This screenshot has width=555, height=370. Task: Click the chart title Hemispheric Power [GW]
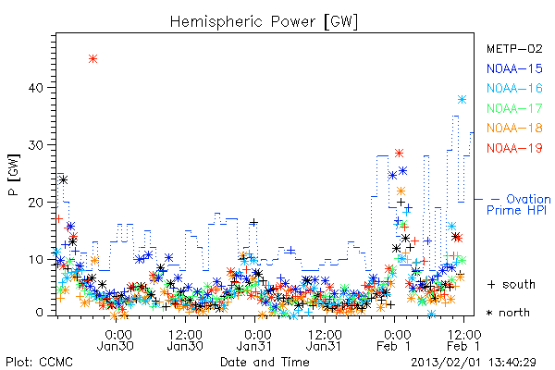pyautogui.click(x=264, y=22)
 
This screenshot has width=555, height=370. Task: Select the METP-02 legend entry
pyautogui.click(x=514, y=48)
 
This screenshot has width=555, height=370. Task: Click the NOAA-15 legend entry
pyautogui.click(x=514, y=68)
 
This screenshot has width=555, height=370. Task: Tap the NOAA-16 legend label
pyautogui.click(x=514, y=88)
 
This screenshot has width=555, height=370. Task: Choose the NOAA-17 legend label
pyautogui.click(x=514, y=108)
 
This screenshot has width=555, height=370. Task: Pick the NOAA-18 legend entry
pyautogui.click(x=514, y=128)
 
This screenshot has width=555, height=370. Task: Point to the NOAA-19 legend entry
pyautogui.click(x=514, y=148)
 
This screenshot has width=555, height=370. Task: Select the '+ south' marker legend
pyautogui.click(x=512, y=284)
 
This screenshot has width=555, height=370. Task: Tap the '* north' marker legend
pyautogui.click(x=508, y=313)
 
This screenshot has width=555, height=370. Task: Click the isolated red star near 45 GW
pyautogui.click(x=92, y=59)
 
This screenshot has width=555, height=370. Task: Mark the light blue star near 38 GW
pyautogui.click(x=462, y=100)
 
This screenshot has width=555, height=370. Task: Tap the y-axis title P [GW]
pyautogui.click(x=14, y=175)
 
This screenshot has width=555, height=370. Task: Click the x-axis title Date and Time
pyautogui.click(x=265, y=363)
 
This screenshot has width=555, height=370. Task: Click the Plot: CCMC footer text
pyautogui.click(x=39, y=363)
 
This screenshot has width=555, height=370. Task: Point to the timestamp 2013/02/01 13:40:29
pyautogui.click(x=474, y=363)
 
